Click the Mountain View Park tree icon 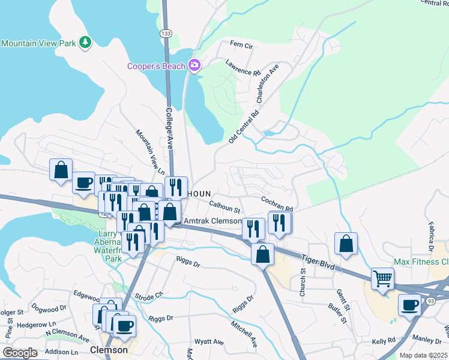(x=86, y=43)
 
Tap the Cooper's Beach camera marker (x=194, y=65)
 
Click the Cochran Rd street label (x=276, y=203)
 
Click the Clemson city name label (x=109, y=350)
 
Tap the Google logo (x=20, y=353)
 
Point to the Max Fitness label (x=421, y=262)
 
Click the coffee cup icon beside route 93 (x=410, y=305)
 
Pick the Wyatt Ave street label (x=211, y=341)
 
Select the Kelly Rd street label (x=383, y=340)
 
